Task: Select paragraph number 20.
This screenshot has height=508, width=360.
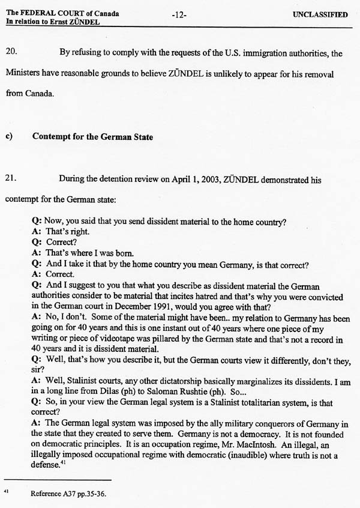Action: (x=11, y=53)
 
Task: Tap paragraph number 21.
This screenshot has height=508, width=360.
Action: (x=11, y=178)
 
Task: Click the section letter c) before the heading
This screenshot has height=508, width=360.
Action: (x=9, y=136)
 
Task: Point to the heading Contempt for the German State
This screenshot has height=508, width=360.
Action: (x=92, y=136)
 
